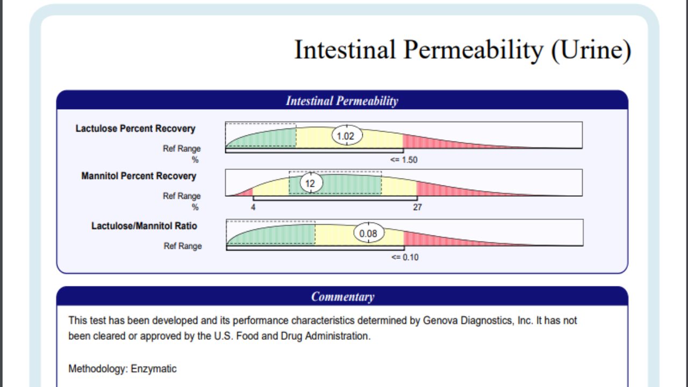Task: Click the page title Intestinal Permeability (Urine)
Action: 462,50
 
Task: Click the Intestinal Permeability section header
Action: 342,101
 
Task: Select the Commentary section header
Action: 342,296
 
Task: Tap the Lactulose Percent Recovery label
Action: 135,128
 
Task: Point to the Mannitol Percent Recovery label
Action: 138,176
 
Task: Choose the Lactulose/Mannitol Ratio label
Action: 144,226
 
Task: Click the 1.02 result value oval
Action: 346,136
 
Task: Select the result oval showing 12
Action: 310,183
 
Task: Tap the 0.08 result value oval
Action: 368,233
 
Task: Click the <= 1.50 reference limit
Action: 404,160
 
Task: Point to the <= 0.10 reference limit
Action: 405,257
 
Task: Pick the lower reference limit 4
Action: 253,207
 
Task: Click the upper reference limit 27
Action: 417,207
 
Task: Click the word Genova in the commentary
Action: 440,320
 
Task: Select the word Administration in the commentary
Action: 341,336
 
